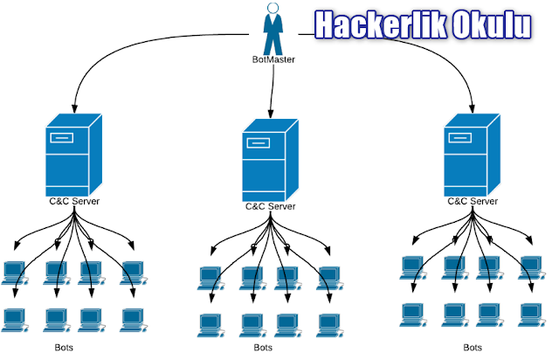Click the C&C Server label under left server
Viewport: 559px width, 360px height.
tap(73, 202)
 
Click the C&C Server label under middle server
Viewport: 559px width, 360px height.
tap(269, 207)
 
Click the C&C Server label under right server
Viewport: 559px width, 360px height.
tap(472, 200)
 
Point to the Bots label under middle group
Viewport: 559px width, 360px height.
tap(262, 348)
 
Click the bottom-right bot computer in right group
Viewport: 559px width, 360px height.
tap(529, 312)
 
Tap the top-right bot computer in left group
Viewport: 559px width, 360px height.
tap(132, 272)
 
